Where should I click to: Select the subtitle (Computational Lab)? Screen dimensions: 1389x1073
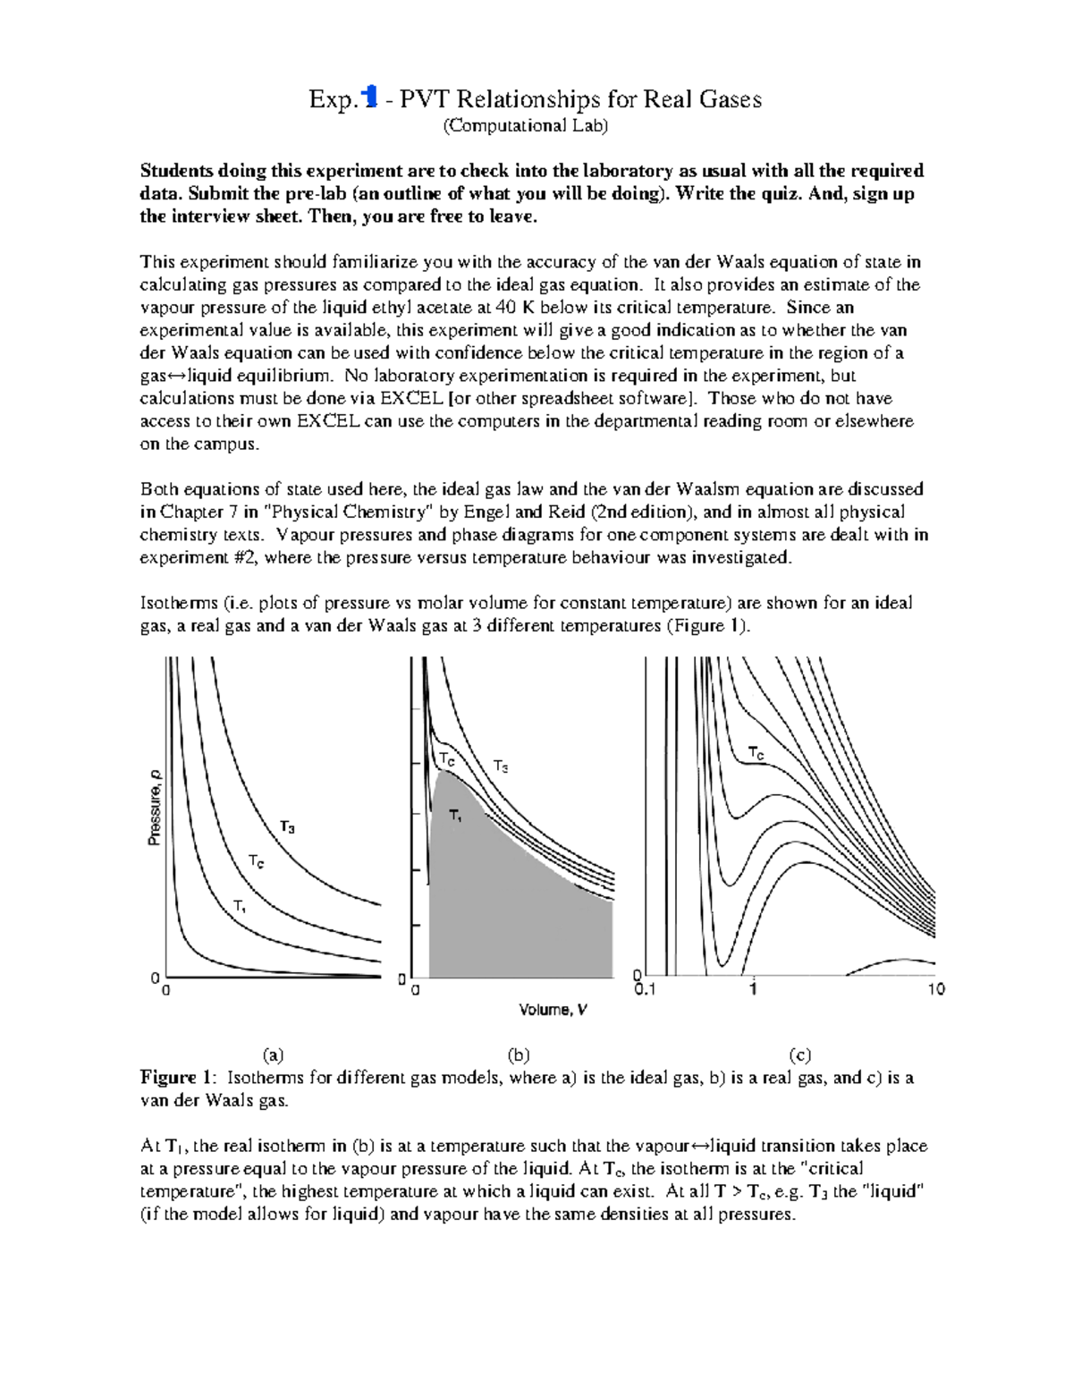pyautogui.click(x=526, y=125)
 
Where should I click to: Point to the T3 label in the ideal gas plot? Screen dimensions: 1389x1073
pyautogui.click(x=287, y=827)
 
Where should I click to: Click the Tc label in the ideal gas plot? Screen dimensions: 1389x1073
pyautogui.click(x=256, y=861)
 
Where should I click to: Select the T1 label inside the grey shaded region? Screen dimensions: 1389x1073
pyautogui.click(x=456, y=816)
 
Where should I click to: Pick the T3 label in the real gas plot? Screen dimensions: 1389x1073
pyautogui.click(x=501, y=766)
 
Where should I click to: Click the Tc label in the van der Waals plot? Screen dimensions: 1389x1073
pyautogui.click(x=756, y=753)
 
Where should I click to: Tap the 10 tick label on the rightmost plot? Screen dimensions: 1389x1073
pyautogui.click(x=935, y=989)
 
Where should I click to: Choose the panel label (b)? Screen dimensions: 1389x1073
pyautogui.click(x=519, y=1054)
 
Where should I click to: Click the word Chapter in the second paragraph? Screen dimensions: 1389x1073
pyautogui.click(x=190, y=512)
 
